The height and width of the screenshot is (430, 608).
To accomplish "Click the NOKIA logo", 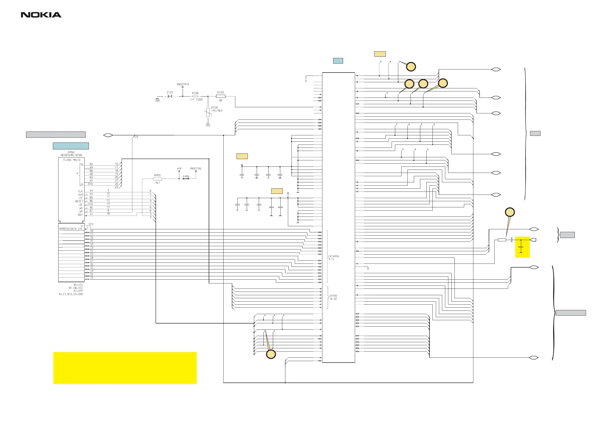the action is (41, 15).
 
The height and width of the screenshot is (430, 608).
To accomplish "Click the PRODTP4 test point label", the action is (183, 85).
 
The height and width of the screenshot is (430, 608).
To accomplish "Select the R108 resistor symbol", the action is (195, 96).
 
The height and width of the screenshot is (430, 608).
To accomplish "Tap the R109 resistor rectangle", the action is (221, 96).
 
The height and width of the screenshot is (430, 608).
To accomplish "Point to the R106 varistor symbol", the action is (208, 113).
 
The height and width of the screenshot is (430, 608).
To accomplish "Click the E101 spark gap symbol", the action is (170, 96).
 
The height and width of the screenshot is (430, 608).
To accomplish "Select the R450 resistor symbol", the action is (157, 179).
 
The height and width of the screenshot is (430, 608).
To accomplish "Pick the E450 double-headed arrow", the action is (186, 179).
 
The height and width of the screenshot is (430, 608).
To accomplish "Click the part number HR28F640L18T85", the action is (71, 155).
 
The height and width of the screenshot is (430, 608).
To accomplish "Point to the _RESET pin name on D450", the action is (79, 201).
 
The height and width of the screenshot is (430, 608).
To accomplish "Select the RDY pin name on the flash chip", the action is (80, 215).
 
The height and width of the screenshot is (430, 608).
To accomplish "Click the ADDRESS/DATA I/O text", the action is (71, 229).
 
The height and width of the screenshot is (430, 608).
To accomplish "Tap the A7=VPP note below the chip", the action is (78, 291).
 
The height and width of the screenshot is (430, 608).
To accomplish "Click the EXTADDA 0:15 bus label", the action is (333, 258).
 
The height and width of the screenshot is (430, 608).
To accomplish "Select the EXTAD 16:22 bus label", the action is (333, 297).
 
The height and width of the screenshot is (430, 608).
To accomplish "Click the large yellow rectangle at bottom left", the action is (125, 368).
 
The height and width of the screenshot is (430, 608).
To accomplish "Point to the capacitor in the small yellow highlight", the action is (521, 247).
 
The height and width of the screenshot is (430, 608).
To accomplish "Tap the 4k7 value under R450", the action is (158, 183).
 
